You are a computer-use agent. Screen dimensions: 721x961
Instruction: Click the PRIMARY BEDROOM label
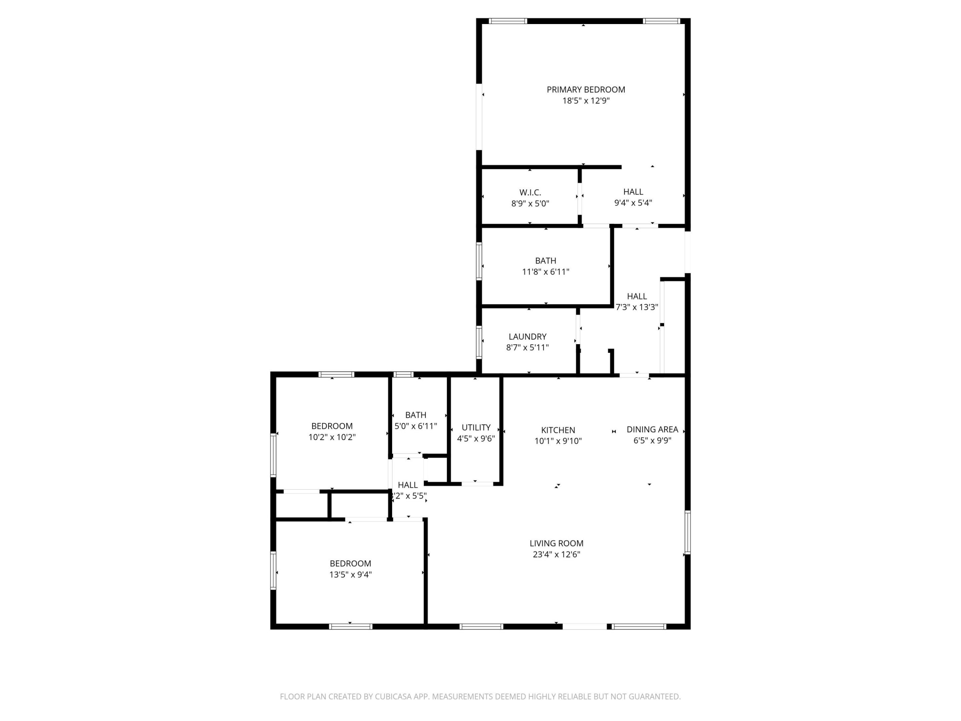tap(586, 89)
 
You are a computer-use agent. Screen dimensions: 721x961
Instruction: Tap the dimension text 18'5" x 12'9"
tap(586, 101)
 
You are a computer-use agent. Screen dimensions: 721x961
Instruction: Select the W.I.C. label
tap(530, 192)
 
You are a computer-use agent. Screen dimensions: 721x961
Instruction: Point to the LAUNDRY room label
tap(528, 336)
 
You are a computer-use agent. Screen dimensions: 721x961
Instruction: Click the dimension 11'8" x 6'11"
tap(545, 272)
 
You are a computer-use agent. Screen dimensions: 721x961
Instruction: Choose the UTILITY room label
tap(476, 427)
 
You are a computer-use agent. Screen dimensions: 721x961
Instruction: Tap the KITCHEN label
tap(558, 430)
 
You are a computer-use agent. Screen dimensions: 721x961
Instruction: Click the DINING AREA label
tap(652, 429)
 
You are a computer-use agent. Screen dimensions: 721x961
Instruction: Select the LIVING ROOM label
tap(556, 543)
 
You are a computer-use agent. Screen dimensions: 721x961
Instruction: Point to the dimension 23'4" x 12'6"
tap(556, 554)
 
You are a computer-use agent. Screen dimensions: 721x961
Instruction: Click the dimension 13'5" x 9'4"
tap(350, 574)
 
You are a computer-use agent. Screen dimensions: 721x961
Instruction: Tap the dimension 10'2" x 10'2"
tap(332, 437)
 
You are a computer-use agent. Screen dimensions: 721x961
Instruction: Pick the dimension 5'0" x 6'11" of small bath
tap(415, 426)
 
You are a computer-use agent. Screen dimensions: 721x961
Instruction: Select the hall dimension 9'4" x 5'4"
tap(633, 203)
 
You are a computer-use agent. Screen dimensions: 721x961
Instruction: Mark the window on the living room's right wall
tap(687, 532)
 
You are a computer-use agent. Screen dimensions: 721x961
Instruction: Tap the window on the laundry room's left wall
tap(479, 342)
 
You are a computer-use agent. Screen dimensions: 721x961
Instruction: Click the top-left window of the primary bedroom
tap(508, 21)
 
